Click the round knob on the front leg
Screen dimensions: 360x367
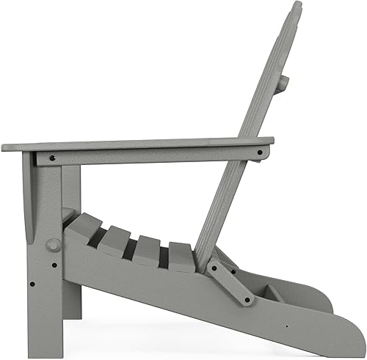(54, 244)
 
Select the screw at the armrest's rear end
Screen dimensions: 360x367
(258, 153)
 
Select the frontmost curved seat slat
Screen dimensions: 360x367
(87, 228)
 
